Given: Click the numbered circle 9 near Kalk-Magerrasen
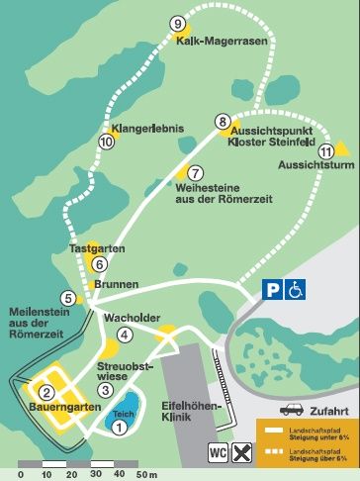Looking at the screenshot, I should click(x=178, y=24).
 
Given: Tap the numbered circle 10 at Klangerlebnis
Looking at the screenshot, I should click(x=107, y=142).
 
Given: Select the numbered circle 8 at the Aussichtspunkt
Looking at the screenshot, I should click(x=223, y=121).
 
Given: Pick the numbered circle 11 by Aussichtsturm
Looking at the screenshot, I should click(x=326, y=150).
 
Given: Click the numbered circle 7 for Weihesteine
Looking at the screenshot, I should click(x=195, y=172).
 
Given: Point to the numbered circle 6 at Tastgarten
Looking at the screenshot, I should click(x=99, y=264).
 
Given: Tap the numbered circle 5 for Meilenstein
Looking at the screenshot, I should click(x=68, y=298).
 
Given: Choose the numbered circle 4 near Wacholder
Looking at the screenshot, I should click(x=124, y=335).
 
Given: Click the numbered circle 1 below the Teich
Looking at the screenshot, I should click(x=119, y=428).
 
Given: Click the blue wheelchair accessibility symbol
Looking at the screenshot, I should click(x=296, y=288).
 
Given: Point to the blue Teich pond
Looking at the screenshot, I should click(x=122, y=416).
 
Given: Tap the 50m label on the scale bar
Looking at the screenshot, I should click(x=146, y=474).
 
